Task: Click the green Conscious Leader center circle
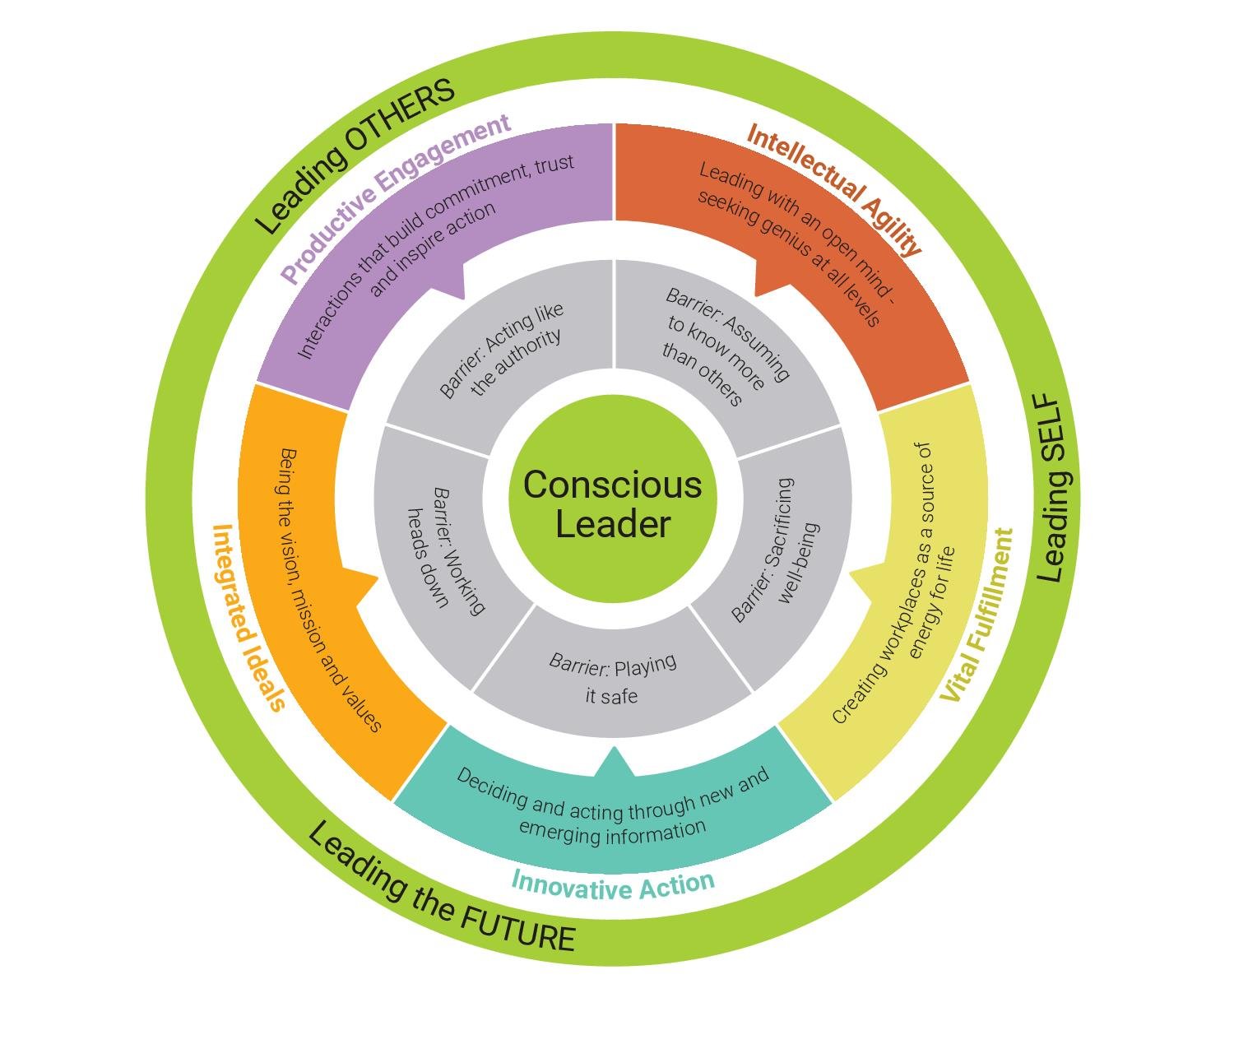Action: (613, 499)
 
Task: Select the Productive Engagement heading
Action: (396, 197)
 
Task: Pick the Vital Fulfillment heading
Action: (977, 616)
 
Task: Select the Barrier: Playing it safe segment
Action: (613, 678)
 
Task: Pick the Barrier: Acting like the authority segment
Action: (502, 350)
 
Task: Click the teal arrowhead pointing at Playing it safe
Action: (615, 760)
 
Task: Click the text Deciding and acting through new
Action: (613, 795)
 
